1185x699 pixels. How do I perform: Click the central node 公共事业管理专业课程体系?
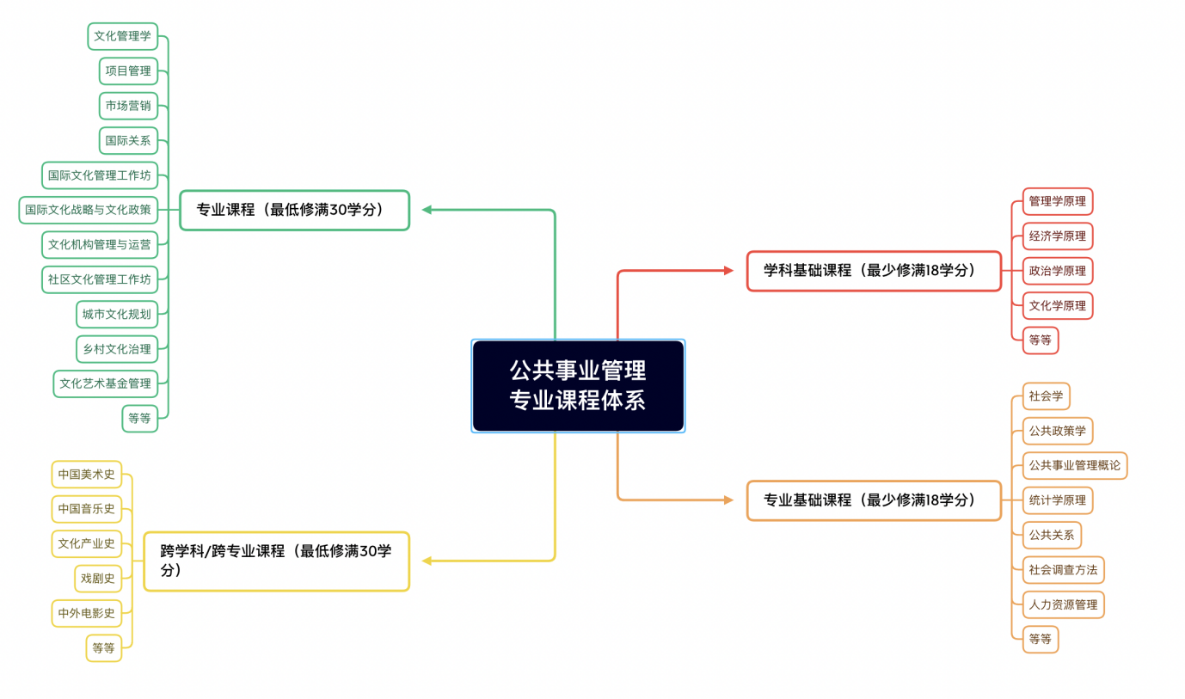578,386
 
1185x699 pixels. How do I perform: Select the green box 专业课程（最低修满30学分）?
295,211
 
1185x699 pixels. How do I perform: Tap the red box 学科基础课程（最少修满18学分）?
874,271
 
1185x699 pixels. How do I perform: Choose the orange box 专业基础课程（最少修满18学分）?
874,500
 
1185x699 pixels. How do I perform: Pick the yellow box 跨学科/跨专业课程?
277,561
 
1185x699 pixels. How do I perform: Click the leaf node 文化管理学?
123,36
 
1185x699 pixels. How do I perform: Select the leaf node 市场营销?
128,106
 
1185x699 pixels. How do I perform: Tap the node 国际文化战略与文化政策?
89,211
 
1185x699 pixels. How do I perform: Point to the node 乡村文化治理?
117,349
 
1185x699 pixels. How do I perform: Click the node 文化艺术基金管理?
106,383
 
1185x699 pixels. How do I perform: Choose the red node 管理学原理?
1058,201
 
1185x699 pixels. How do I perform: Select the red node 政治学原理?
1058,271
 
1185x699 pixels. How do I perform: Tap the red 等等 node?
1040,340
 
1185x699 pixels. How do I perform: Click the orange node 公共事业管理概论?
1074,466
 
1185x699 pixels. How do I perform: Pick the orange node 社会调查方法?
1064,570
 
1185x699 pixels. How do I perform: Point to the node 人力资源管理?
1064,605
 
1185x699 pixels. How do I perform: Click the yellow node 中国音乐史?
87,509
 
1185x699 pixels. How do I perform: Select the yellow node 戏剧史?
98,579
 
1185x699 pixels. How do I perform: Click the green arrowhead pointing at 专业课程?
427,210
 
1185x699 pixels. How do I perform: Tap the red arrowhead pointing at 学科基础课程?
728,271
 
